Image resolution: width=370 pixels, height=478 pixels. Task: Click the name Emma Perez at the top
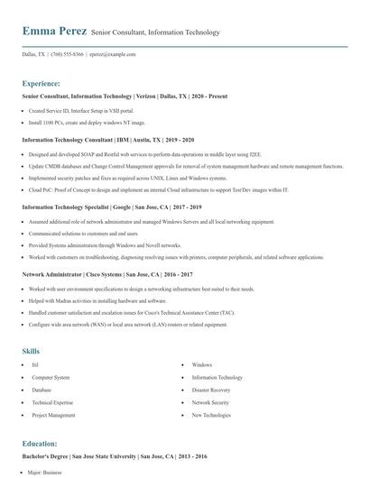(x=54, y=32)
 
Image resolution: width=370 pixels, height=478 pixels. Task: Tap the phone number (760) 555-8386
(x=69, y=54)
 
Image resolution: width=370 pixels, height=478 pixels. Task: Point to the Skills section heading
(x=32, y=350)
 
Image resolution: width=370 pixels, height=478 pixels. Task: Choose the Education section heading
(x=41, y=445)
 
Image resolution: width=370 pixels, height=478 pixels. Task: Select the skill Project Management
(x=54, y=415)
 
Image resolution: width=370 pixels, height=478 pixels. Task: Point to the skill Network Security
(x=211, y=402)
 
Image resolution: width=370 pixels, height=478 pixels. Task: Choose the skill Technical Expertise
(x=52, y=402)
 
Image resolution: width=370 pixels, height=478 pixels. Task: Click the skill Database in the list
(x=42, y=390)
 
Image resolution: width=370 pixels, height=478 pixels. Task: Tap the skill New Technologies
(x=212, y=415)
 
